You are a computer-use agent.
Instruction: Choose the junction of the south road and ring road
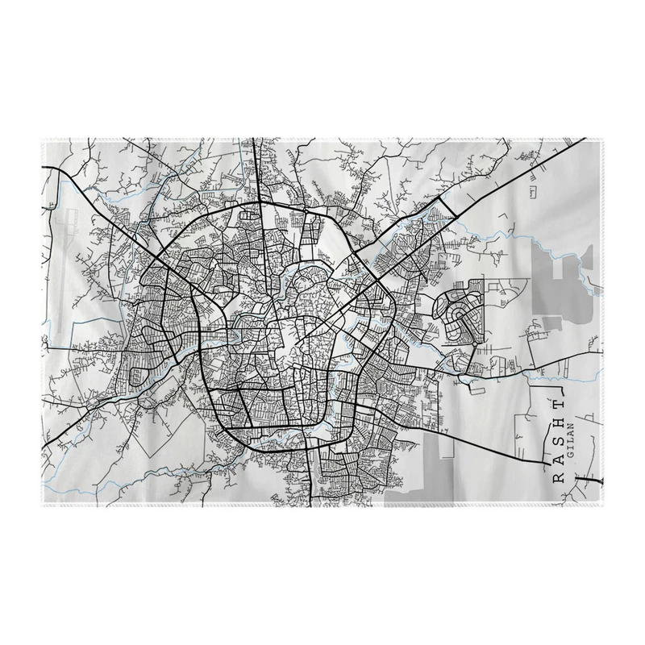coord(310,443)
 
